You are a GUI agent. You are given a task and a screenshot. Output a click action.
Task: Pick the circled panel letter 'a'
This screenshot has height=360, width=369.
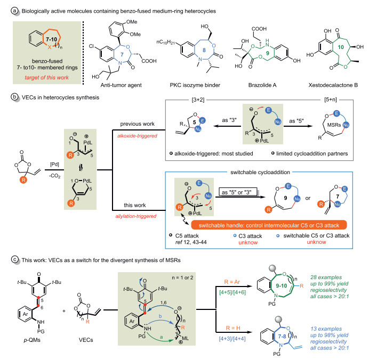5,6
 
